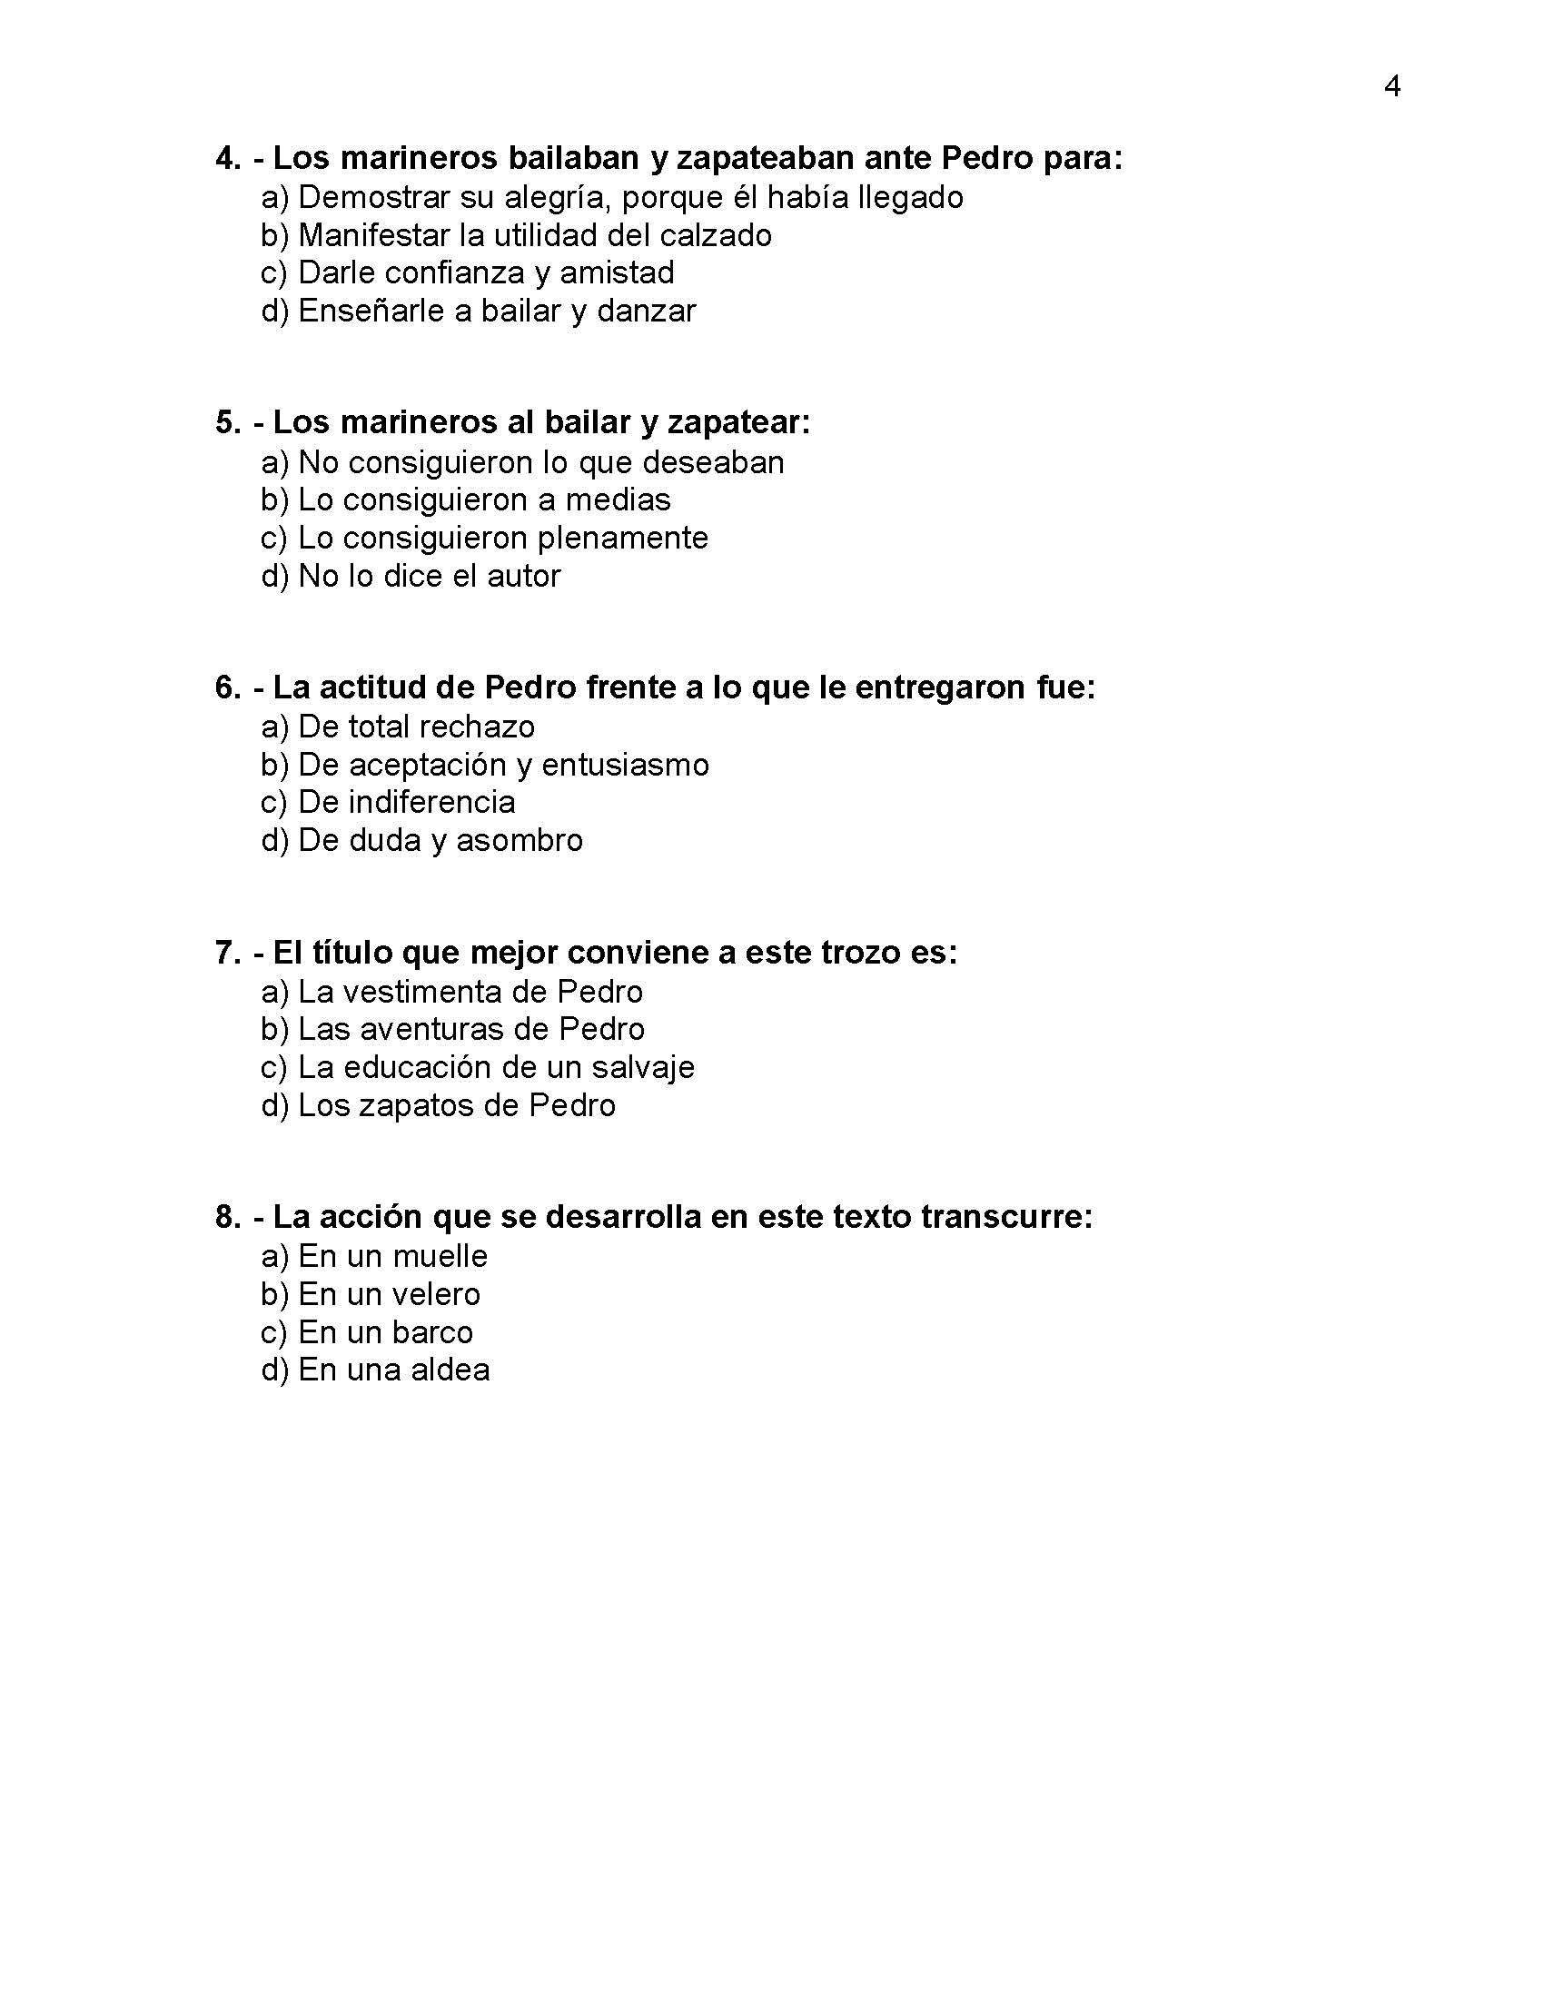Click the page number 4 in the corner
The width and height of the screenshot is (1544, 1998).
1392,86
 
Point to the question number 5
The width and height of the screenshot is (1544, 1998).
227,422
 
